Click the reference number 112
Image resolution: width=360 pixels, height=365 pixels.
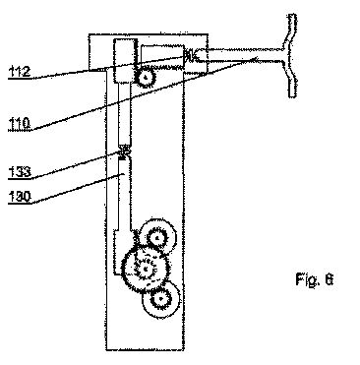point(20,72)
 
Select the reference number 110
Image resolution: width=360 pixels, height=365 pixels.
point(20,124)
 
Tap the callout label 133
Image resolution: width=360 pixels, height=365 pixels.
point(20,172)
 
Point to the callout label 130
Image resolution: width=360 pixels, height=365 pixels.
point(20,197)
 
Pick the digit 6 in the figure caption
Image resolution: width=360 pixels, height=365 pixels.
point(329,279)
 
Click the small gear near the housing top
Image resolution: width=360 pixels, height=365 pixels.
point(145,78)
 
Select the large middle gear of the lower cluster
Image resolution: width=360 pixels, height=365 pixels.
point(145,269)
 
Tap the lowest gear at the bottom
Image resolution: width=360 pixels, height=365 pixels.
point(161,299)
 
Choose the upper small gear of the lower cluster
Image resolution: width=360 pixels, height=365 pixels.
point(157,237)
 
